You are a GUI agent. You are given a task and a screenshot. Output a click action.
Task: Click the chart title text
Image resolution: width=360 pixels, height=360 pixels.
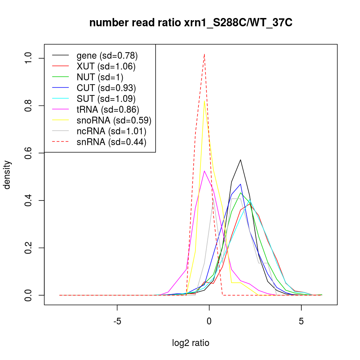pos(191,23)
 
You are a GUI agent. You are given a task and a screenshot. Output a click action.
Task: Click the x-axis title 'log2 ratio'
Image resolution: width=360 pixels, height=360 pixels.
pos(191,343)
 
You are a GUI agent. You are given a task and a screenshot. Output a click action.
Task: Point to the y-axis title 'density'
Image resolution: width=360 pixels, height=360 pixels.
pos(8,175)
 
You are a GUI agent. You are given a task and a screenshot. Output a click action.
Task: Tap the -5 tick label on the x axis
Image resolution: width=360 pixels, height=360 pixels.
pos(117,321)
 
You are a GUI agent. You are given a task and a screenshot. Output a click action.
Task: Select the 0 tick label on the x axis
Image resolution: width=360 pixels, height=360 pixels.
pos(209,321)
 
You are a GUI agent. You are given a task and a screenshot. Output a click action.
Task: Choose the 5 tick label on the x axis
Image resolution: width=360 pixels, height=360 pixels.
pos(301,321)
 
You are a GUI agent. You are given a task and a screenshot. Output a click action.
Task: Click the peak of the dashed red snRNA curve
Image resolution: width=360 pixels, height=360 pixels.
pos(204,54)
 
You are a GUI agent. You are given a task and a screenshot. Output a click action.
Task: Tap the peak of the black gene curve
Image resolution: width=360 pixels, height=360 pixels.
pos(240,159)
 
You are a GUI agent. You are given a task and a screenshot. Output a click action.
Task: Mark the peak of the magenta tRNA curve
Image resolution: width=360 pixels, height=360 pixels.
pos(204,171)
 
